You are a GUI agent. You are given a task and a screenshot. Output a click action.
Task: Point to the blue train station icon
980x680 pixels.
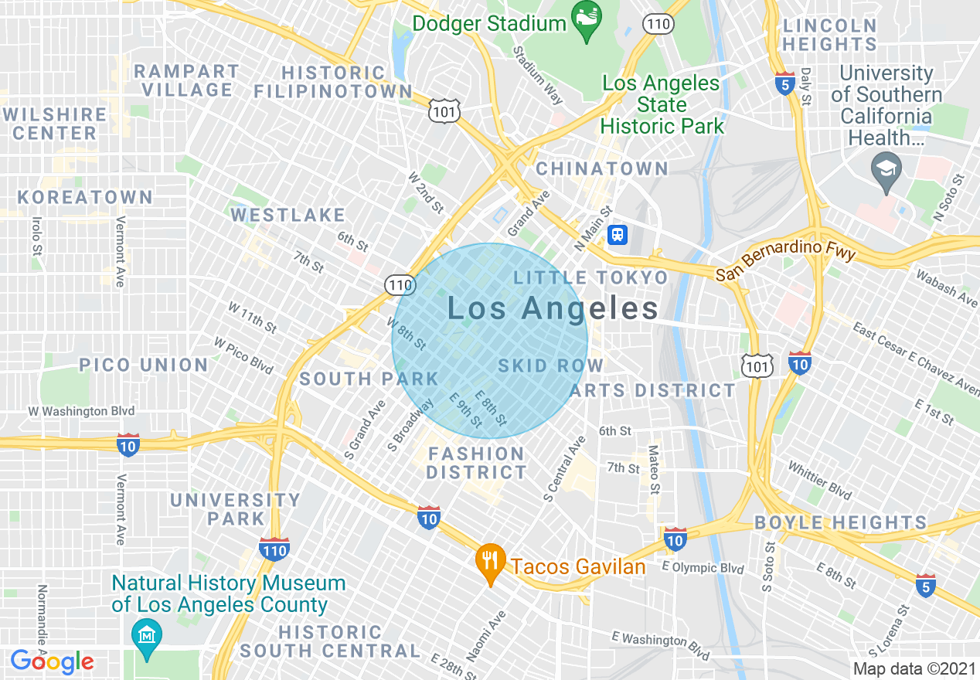[617, 234]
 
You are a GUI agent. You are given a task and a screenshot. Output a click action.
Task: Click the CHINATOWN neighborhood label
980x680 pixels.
[602, 168]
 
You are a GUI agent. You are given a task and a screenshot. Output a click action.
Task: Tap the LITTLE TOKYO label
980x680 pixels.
[591, 277]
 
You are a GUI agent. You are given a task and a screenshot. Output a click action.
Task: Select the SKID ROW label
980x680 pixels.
[550, 365]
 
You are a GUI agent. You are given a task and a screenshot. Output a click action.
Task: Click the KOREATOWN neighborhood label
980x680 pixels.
[85, 197]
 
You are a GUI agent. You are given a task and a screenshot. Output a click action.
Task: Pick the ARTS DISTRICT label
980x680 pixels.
[653, 390]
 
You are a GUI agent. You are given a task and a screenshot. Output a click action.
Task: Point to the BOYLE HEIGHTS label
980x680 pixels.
[840, 522]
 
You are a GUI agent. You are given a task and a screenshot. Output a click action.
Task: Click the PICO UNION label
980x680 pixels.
[144, 365]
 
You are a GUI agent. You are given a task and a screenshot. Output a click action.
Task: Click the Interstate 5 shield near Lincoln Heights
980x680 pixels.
[785, 84]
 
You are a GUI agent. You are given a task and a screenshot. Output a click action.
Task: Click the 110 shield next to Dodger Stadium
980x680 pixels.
[660, 24]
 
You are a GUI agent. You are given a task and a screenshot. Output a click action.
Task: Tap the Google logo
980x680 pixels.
[52, 661]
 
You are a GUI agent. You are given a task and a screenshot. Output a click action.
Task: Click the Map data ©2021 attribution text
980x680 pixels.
[913, 668]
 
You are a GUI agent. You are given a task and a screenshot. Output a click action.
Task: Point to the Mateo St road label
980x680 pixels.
[654, 469]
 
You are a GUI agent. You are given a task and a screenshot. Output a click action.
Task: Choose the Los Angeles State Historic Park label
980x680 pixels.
[662, 104]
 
